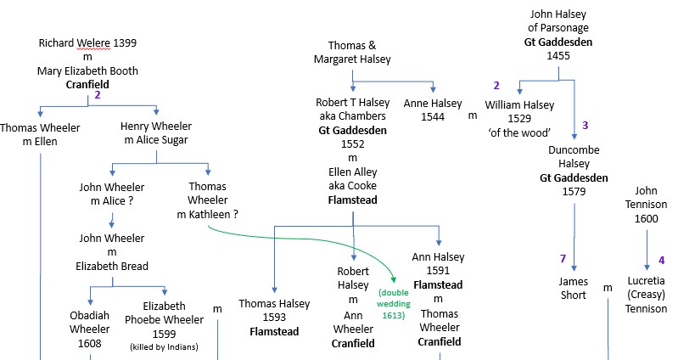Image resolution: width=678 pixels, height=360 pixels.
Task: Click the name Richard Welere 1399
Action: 87,42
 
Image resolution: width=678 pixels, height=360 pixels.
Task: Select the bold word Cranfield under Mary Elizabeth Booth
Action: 87,85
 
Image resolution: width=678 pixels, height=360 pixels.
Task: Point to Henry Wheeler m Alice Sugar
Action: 154,134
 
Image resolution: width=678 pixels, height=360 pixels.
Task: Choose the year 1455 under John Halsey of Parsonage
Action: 558,56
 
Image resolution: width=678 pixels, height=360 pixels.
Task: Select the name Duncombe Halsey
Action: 563,156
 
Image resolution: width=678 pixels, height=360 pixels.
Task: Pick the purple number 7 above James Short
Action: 562,259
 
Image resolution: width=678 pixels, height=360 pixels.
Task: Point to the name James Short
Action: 573,288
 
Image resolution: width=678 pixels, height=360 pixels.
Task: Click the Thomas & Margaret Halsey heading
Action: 351,52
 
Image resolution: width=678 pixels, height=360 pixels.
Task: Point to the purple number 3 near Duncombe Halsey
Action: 585,125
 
